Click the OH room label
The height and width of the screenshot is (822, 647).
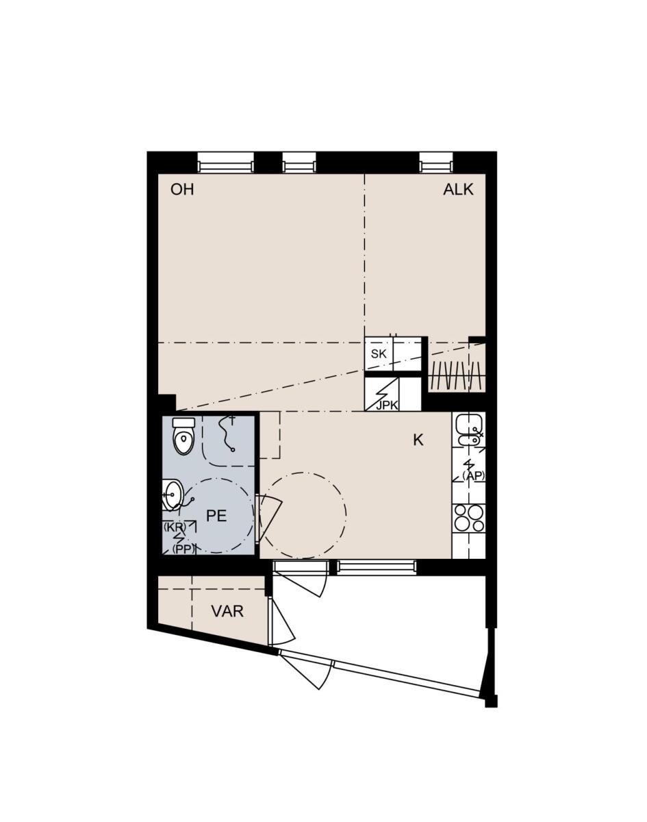point(182,190)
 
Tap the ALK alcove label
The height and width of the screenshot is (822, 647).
point(458,190)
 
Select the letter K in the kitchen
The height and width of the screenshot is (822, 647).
point(418,440)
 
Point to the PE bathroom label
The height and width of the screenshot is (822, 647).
point(216,516)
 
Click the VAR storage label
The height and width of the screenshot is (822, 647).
point(227,612)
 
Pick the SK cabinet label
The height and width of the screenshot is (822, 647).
point(379,353)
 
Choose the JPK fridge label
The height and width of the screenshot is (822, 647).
point(388,406)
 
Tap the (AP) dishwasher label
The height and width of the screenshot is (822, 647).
point(473,475)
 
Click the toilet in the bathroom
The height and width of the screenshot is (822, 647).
point(183,436)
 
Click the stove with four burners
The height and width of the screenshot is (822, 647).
point(469,518)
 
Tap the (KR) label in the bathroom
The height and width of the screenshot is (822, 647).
point(174,527)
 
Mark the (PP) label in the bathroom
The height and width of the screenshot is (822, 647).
point(183,549)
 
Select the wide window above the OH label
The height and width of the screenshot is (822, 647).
point(226,163)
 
